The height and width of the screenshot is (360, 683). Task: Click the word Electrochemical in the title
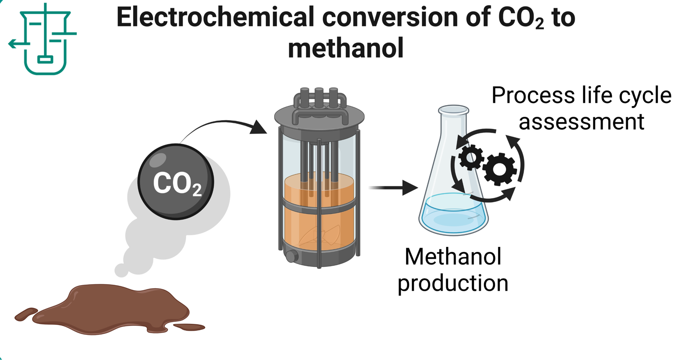(215, 17)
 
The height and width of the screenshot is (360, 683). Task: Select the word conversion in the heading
(390, 17)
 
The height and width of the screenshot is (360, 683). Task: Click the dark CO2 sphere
(176, 182)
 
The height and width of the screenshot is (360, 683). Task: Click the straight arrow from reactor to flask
(393, 188)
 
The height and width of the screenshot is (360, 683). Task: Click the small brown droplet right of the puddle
(189, 327)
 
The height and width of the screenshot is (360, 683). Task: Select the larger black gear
(500, 169)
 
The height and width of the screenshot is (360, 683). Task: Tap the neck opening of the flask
(453, 110)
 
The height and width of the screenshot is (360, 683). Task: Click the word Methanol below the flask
(453, 257)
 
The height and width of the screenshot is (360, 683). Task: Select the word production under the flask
(453, 283)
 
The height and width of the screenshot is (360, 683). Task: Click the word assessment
(581, 122)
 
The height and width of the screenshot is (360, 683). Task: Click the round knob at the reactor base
(291, 256)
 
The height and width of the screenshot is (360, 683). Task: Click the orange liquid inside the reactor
(319, 225)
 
